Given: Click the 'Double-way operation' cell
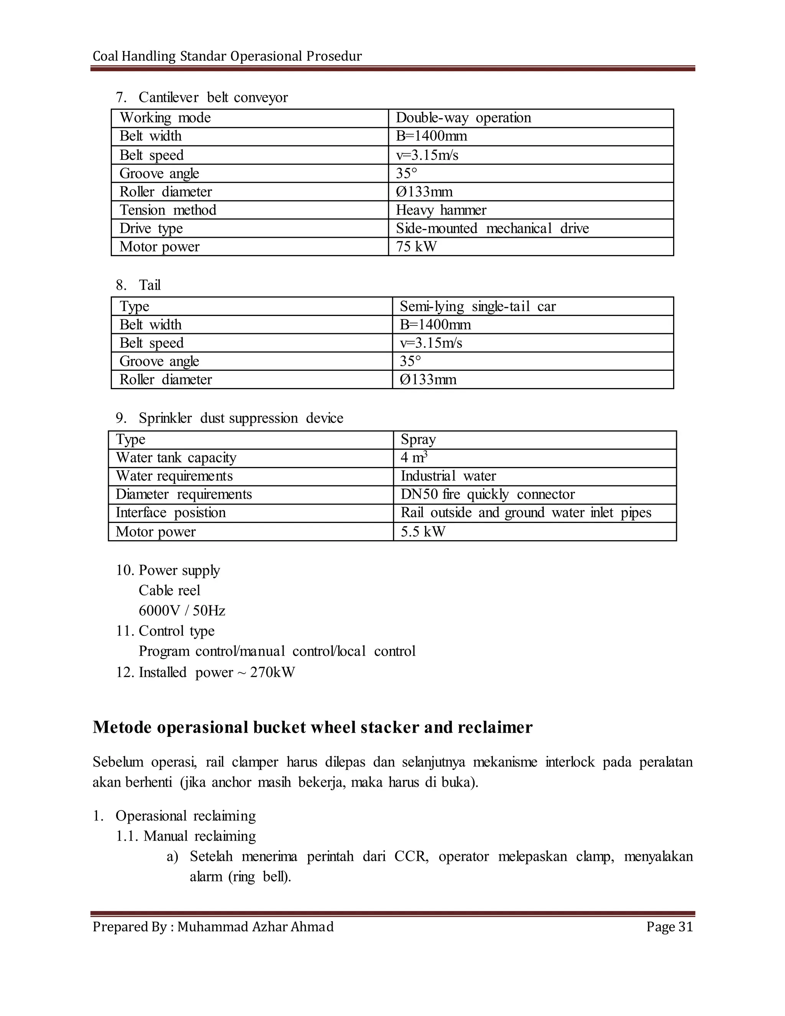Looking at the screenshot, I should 463,118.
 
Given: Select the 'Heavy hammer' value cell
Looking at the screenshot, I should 441,210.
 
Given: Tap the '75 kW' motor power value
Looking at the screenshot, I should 416,247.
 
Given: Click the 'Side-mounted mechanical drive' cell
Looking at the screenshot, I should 492,229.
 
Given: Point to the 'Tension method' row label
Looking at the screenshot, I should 168,210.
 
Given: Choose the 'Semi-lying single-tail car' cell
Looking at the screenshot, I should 478,307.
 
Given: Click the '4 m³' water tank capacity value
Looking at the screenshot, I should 414,458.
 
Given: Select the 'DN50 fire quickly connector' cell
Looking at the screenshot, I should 488,495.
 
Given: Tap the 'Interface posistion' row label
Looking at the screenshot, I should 171,513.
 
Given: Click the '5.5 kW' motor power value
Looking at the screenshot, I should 423,532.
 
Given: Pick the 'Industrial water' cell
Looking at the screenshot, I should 448,476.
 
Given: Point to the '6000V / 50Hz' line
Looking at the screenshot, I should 182,611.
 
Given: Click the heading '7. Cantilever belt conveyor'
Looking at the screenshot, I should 202,98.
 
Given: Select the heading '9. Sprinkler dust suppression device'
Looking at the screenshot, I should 229,418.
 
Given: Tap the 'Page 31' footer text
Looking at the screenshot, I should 669,927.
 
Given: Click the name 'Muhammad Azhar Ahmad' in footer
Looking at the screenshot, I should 255,927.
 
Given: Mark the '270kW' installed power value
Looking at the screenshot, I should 272,673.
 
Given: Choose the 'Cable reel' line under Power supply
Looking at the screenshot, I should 169,591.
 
